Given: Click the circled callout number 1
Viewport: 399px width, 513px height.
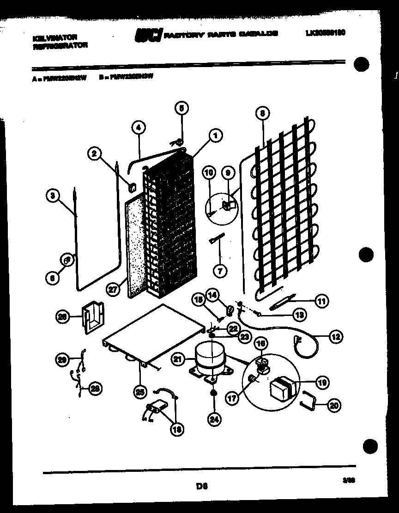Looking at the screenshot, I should pyautogui.click(x=215, y=136).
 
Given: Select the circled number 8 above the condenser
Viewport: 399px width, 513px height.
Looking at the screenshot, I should pyautogui.click(x=262, y=112).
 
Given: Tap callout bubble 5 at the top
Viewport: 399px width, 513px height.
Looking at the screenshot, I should pyautogui.click(x=181, y=109).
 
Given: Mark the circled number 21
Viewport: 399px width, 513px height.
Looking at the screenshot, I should pyautogui.click(x=178, y=358).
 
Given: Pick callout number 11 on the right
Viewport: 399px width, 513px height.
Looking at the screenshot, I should pyautogui.click(x=321, y=301).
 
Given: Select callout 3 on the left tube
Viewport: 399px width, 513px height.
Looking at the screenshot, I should pyautogui.click(x=54, y=196).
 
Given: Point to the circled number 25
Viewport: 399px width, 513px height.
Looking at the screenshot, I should pyautogui.click(x=139, y=392).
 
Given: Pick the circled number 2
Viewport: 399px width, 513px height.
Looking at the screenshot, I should pyautogui.click(x=95, y=154).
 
